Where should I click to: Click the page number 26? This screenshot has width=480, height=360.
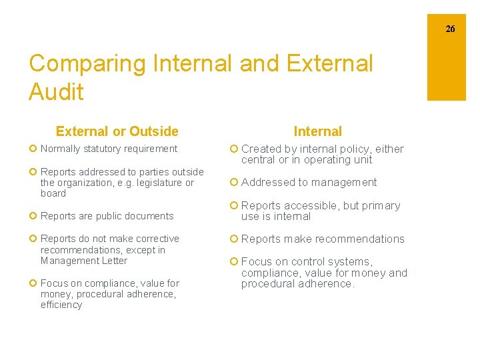coord(451,29)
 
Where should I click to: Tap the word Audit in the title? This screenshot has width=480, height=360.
coord(56,92)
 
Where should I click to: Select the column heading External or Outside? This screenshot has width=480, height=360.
coord(117,131)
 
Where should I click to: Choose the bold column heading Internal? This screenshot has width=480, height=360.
coord(317,131)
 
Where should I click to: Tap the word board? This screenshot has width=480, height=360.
coord(53,193)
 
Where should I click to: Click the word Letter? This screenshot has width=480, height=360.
coord(113,261)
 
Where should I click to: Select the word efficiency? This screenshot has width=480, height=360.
coord(61,305)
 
